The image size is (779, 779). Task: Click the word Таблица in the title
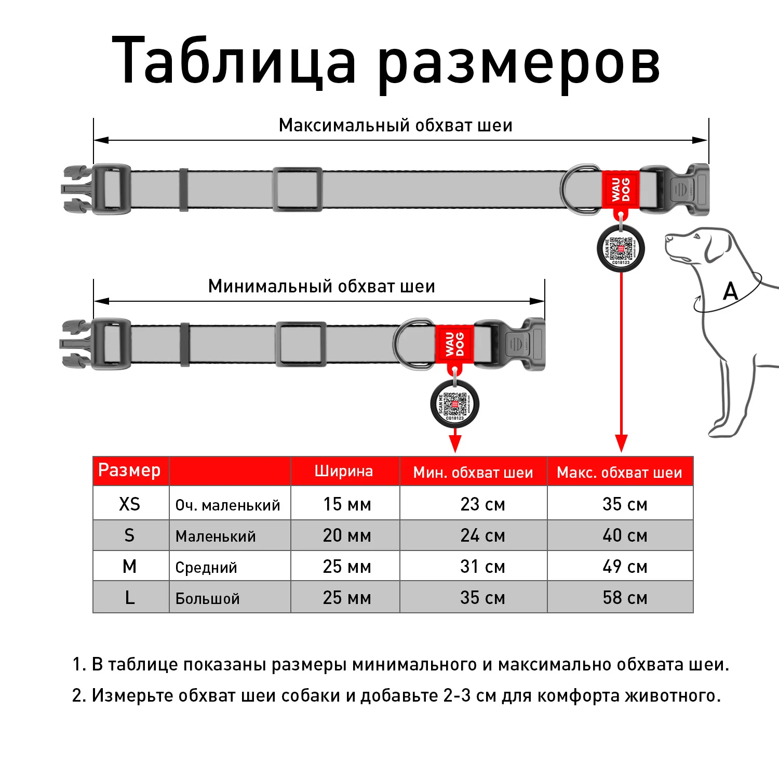(234, 61)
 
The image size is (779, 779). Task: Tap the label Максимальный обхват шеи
(395, 126)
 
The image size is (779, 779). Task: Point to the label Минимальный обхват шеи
(321, 287)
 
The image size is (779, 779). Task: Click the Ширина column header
(344, 471)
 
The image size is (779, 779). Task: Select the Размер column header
(129, 470)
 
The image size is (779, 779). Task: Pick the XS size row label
(129, 504)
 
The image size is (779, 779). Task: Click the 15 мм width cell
(347, 504)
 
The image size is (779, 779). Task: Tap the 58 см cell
(625, 597)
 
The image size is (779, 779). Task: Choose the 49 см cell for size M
(625, 566)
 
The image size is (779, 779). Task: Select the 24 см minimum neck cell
(482, 535)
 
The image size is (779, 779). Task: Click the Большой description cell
(207, 598)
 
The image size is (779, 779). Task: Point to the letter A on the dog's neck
(730, 291)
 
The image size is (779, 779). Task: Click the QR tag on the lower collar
(454, 404)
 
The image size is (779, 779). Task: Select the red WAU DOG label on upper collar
(621, 190)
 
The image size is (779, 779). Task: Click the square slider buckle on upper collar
(297, 189)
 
